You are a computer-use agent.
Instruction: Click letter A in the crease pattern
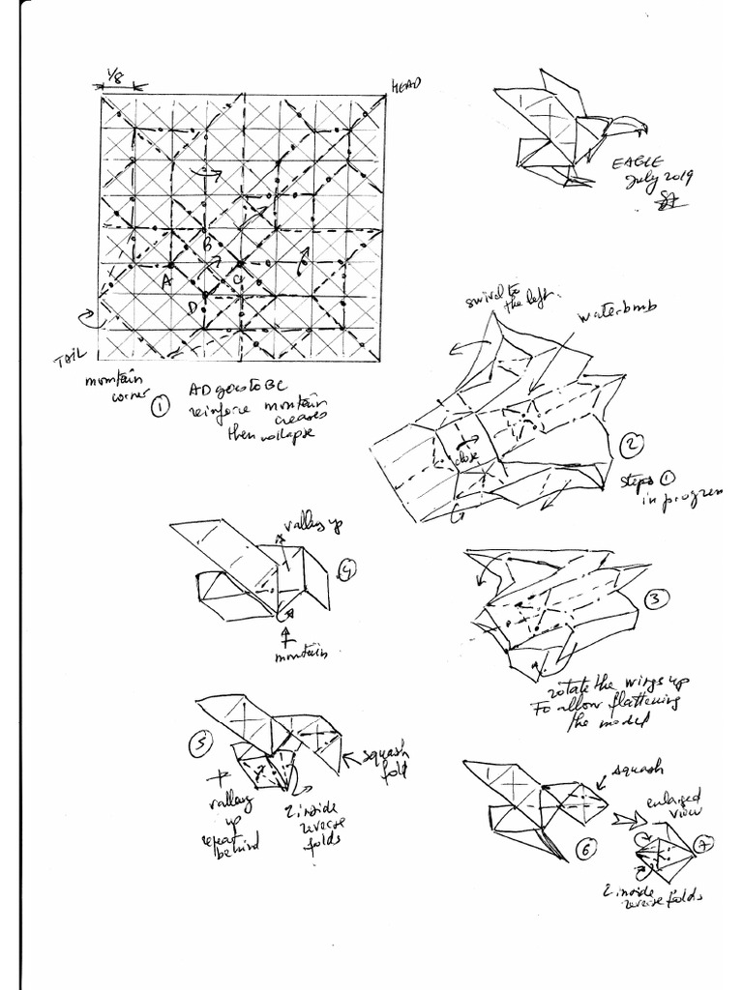coord(165,280)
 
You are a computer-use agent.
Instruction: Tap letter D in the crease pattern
coord(193,307)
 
